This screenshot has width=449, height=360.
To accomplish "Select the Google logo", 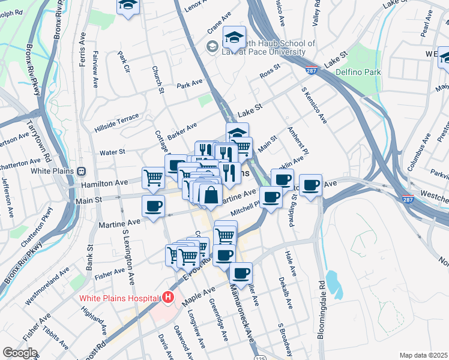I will (20, 353).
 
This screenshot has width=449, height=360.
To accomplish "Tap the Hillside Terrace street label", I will (116, 122).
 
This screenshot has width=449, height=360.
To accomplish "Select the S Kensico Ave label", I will (314, 106).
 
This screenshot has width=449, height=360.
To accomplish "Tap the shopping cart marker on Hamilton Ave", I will (153, 177).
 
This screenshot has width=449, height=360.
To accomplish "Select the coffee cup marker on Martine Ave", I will (153, 206).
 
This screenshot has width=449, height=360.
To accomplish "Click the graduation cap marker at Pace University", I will (234, 37).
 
